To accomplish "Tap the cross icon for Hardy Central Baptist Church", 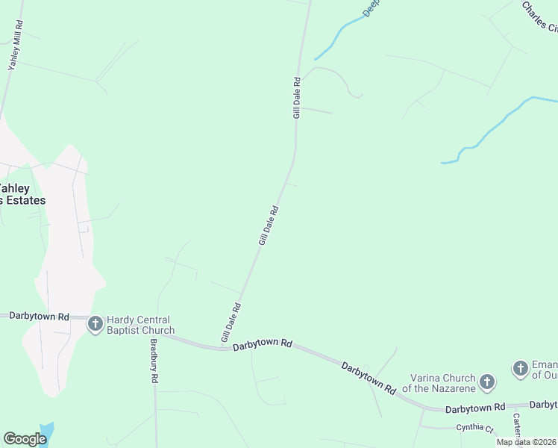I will [95, 324].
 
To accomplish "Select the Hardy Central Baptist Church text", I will [140, 325].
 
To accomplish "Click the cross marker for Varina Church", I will [486, 383].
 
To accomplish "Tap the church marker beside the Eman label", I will [520, 368].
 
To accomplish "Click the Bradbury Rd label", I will [154, 361].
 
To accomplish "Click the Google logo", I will [25, 439].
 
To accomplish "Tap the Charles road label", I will [539, 17].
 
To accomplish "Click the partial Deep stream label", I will [371, 8].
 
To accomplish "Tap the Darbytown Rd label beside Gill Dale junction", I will [262, 345].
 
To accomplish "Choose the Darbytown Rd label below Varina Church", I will [475, 409].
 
